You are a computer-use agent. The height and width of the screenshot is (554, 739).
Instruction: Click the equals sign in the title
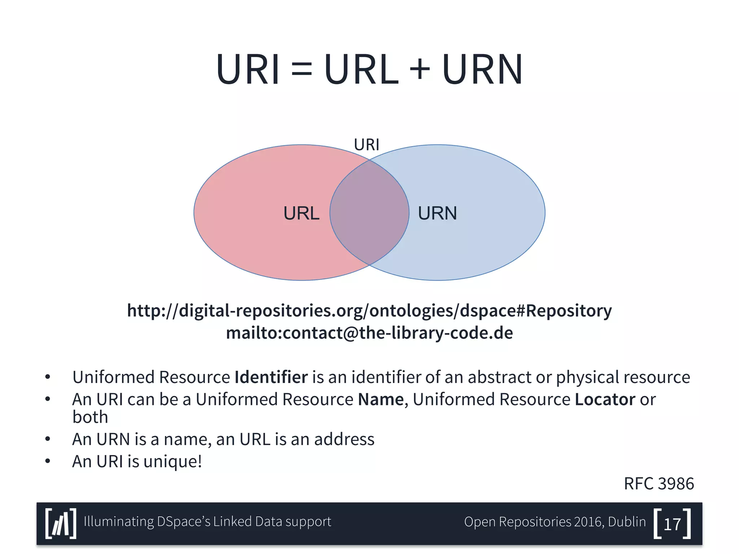[x=302, y=69]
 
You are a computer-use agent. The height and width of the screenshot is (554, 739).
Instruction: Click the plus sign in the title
[x=420, y=69]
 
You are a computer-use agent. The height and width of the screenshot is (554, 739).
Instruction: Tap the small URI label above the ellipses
[x=366, y=145]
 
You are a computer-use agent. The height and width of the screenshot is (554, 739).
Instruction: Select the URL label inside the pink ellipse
[x=301, y=213]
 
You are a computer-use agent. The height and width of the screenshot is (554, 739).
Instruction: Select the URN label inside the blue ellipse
[x=437, y=213]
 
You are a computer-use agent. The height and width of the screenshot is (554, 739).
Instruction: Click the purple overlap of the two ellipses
[x=369, y=213]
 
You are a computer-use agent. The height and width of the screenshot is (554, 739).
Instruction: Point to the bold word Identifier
[x=271, y=377]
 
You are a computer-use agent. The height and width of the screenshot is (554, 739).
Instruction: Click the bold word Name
[x=381, y=400]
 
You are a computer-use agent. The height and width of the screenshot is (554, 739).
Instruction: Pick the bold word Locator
[x=605, y=400]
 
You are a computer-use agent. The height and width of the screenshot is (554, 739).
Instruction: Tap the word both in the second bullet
[x=90, y=417]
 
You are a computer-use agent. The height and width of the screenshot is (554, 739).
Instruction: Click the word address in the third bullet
[x=344, y=440]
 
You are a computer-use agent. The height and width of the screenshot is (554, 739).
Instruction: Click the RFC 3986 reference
[x=659, y=484]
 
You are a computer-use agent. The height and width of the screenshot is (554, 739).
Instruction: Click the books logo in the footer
[x=61, y=524]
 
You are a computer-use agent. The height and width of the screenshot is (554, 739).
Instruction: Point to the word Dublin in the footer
[x=627, y=522]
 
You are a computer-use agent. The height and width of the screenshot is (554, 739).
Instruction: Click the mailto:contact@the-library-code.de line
[x=369, y=333]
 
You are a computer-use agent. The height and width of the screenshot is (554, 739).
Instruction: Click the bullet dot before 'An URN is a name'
[x=48, y=439]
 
